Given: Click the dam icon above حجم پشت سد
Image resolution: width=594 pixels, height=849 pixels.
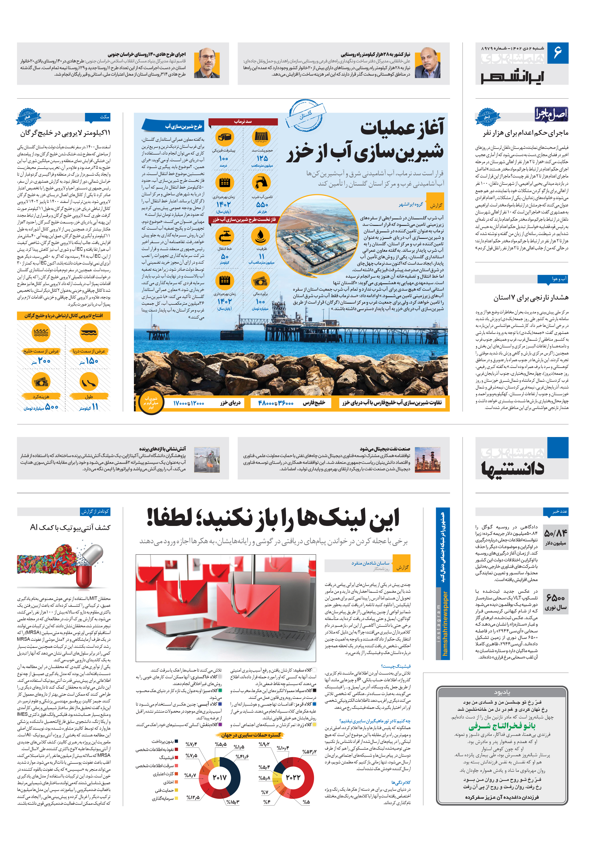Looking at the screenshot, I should click(261, 137).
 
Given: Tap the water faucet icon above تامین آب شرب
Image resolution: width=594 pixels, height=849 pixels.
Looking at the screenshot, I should click(261, 182).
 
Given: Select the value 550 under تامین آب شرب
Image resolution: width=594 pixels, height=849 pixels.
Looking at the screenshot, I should click(262, 204).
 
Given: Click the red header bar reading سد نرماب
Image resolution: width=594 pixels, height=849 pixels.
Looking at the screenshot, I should click(243, 122).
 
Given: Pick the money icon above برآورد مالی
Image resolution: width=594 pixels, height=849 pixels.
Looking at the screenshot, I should click(261, 281).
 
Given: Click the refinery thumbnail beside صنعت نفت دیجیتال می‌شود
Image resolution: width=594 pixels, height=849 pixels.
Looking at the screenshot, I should click(427, 460).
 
